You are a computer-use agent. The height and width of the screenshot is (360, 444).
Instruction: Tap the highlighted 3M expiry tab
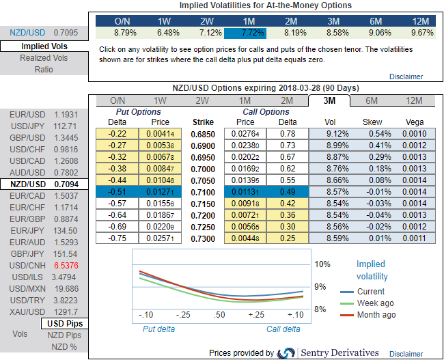click(328, 100)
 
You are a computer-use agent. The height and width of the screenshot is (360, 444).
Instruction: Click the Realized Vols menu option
click(43, 58)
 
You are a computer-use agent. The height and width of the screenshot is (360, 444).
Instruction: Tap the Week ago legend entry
click(375, 303)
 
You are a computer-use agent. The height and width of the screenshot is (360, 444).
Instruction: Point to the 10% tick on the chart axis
click(322, 264)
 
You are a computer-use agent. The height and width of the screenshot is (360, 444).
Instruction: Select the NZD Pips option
click(64, 335)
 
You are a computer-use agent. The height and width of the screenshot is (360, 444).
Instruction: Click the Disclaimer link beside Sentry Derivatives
click(406, 353)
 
